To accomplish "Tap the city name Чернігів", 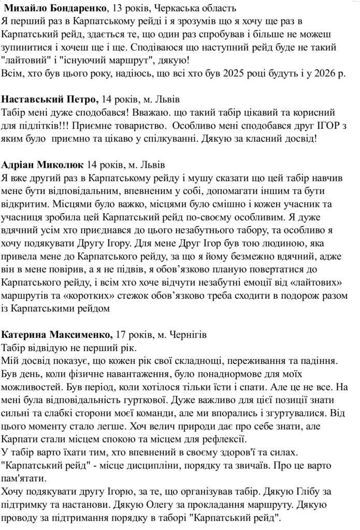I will pos(197,334).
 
